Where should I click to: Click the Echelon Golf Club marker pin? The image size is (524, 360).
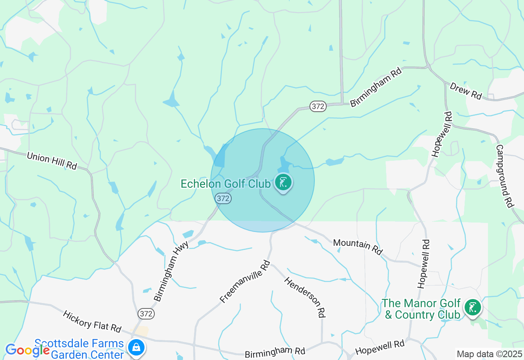[283, 183]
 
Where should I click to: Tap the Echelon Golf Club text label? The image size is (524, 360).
[226, 184]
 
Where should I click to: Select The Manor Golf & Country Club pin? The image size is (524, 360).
[473, 308]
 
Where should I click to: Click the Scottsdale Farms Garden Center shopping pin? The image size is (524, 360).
[136, 348]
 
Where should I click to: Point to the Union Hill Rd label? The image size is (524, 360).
[52, 161]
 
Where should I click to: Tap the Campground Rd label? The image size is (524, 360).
[505, 176]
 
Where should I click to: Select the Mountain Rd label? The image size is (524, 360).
[357, 247]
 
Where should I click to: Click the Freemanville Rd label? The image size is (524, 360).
[245, 281]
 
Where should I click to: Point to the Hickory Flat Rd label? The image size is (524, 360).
[92, 322]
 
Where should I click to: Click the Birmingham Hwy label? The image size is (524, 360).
[171, 270]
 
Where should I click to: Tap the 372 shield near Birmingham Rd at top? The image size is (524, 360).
[318, 106]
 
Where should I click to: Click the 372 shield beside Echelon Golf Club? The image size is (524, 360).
[223, 198]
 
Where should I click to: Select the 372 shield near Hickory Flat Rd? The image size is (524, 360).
[146, 314]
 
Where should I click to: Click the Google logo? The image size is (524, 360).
[27, 350]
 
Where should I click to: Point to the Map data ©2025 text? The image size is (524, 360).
[489, 354]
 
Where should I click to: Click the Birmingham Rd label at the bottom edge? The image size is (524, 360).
[275, 352]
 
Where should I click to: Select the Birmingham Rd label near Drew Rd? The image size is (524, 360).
[376, 88]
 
